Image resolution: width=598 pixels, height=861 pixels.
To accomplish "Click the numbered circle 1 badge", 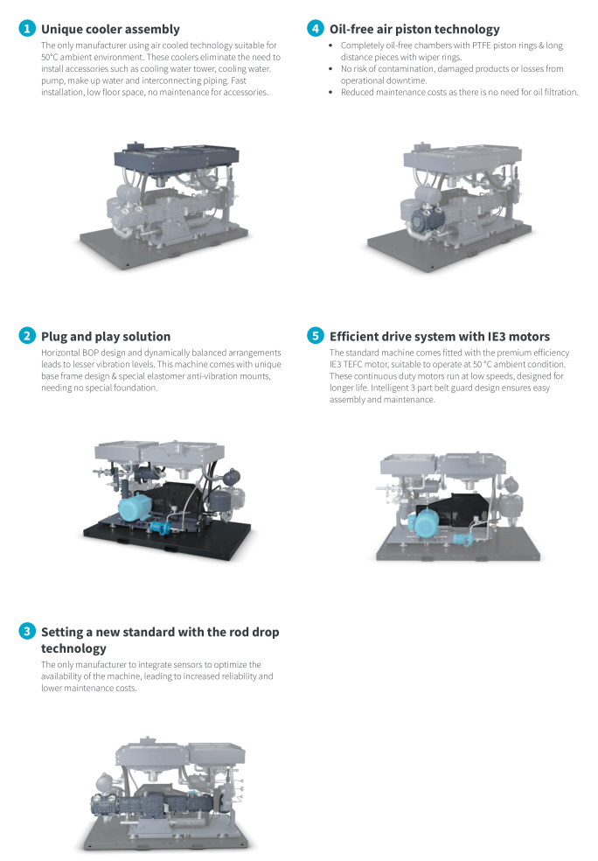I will tap(27, 29).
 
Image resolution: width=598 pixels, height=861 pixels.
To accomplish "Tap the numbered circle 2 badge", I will tap(27, 336).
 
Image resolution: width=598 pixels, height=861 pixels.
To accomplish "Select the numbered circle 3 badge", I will tap(27, 631).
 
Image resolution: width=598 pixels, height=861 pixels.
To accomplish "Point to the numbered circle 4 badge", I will tap(315, 29).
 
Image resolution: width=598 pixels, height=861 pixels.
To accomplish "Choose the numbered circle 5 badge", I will tap(315, 336).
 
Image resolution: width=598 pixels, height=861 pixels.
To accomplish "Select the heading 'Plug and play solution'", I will tap(106, 336).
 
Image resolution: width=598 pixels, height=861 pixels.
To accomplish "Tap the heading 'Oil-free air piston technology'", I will tap(414, 29).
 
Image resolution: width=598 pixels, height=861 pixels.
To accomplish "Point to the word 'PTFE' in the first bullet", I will tap(469, 45).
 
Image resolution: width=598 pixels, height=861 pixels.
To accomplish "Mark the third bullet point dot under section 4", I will tap(331, 92).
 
